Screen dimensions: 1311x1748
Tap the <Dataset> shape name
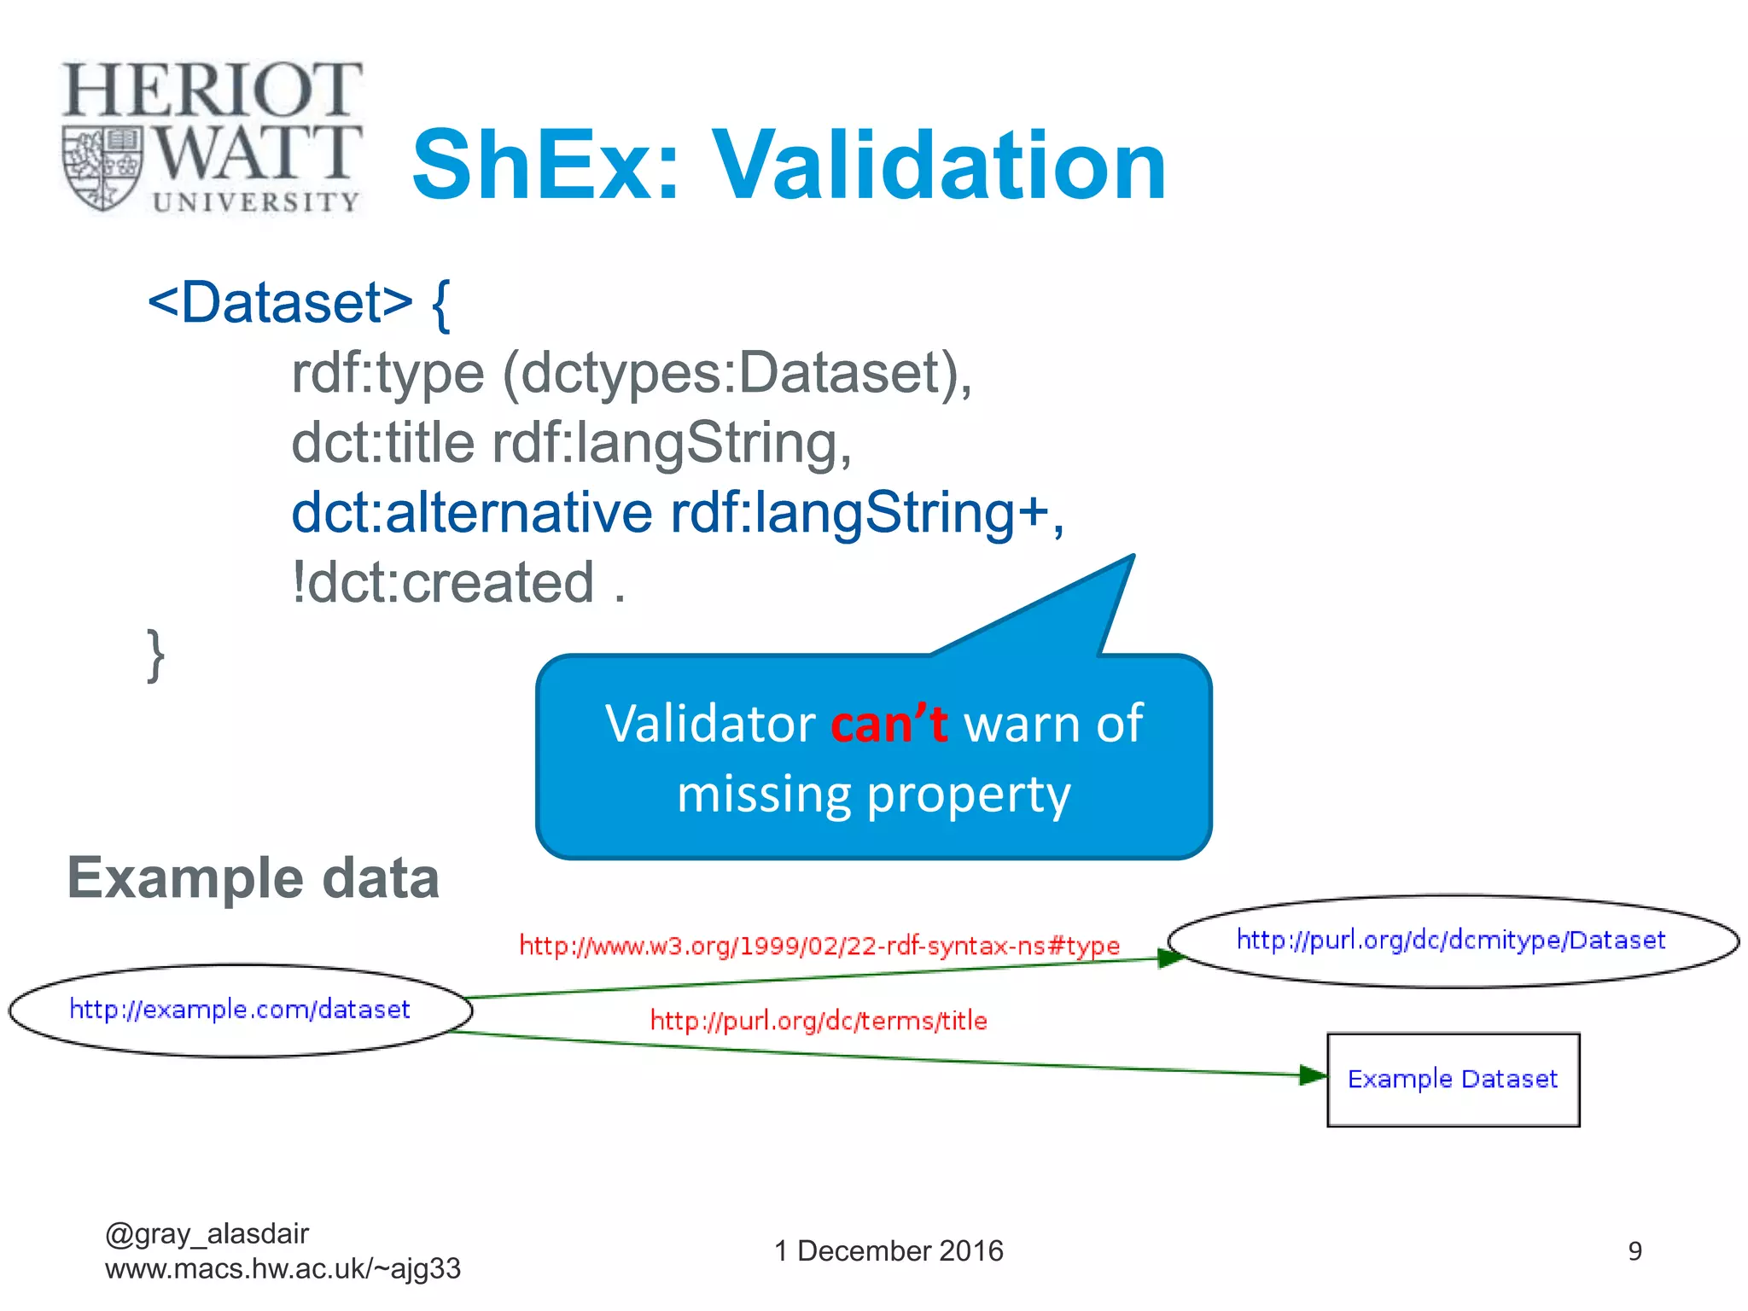click(280, 302)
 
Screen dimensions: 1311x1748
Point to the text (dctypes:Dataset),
click(737, 373)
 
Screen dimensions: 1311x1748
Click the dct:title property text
click(382, 443)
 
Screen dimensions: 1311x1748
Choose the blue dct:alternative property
click(471, 512)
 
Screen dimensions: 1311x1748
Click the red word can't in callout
click(889, 724)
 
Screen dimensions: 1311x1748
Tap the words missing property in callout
click(873, 794)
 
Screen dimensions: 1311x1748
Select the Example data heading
click(253, 877)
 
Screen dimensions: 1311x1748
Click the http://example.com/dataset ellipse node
click(240, 1010)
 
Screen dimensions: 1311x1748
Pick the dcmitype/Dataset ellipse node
click(1451, 941)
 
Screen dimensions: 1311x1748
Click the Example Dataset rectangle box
click(1453, 1080)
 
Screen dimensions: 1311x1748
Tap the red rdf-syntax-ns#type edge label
click(819, 946)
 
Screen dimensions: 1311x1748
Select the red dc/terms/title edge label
click(819, 1021)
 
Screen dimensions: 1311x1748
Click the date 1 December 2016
click(889, 1250)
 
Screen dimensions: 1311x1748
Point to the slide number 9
click(1634, 1251)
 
